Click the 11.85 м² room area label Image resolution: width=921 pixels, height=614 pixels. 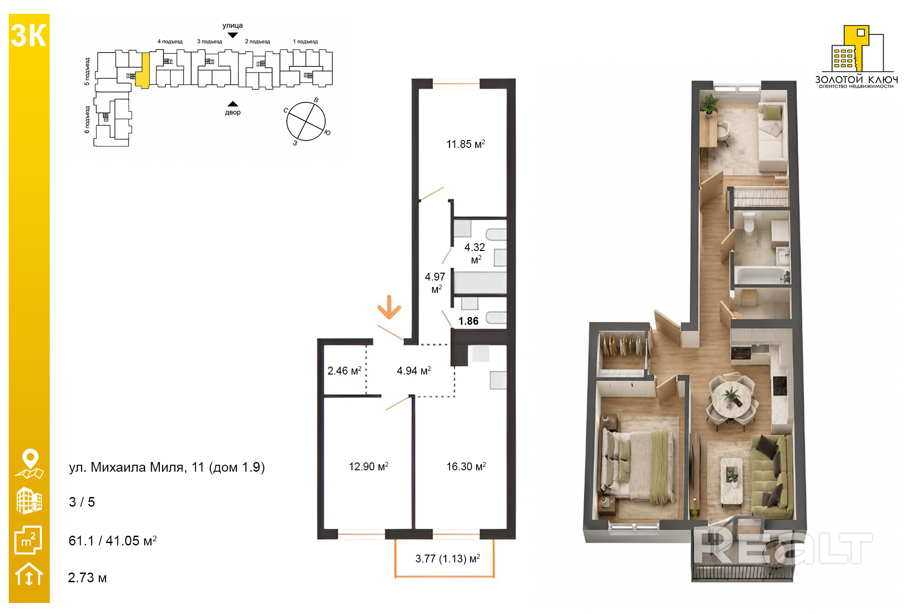(x=466, y=144)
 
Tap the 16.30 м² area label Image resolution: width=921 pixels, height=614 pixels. (x=466, y=467)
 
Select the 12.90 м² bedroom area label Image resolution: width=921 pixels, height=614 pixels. (x=368, y=467)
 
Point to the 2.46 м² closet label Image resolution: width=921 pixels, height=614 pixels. (x=344, y=371)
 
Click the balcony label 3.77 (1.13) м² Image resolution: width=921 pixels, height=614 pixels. (x=448, y=559)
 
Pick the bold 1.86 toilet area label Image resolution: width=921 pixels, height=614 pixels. (x=468, y=321)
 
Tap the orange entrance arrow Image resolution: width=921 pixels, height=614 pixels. (x=390, y=307)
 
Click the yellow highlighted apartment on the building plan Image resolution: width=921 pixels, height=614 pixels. (x=143, y=70)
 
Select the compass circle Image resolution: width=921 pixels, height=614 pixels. (x=306, y=121)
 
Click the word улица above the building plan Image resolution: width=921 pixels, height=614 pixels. (x=233, y=26)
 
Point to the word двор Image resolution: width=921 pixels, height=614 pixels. (x=233, y=112)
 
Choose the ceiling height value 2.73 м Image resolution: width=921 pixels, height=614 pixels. (x=87, y=578)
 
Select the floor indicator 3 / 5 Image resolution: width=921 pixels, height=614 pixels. (x=82, y=502)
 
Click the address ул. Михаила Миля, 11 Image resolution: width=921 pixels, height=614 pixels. (x=136, y=467)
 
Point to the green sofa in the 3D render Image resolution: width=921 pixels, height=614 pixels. (x=772, y=477)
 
